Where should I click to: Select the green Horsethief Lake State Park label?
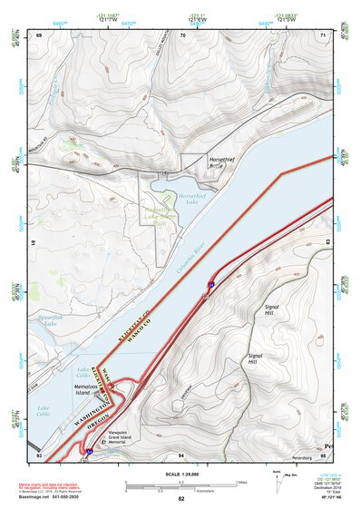click(x=160, y=218)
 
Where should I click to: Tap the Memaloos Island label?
click(x=91, y=388)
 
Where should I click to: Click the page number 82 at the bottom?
click(x=180, y=499)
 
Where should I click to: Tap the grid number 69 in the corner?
click(x=39, y=34)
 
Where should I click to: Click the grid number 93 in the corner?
click(x=39, y=453)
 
